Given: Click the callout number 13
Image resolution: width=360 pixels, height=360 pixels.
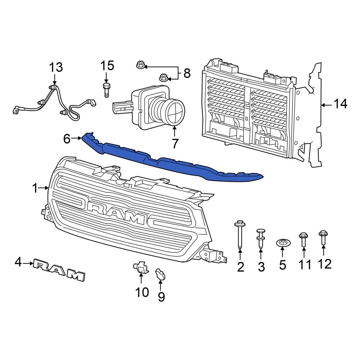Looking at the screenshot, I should pyautogui.click(x=56, y=67).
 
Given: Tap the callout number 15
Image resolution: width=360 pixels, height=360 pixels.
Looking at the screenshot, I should pyautogui.click(x=107, y=66).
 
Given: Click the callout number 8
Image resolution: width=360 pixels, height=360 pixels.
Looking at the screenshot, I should pyautogui.click(x=187, y=73).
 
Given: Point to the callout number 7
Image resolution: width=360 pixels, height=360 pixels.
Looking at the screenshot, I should pyautogui.click(x=175, y=143).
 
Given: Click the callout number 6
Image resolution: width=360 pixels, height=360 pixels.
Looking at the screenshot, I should pyautogui.click(x=67, y=139).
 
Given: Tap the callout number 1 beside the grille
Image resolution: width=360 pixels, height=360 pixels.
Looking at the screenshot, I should pyautogui.click(x=35, y=188).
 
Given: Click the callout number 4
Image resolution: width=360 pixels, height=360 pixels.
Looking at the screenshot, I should pyautogui.click(x=18, y=263).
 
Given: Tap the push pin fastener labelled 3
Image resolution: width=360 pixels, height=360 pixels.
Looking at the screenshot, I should pyautogui.click(x=261, y=238).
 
